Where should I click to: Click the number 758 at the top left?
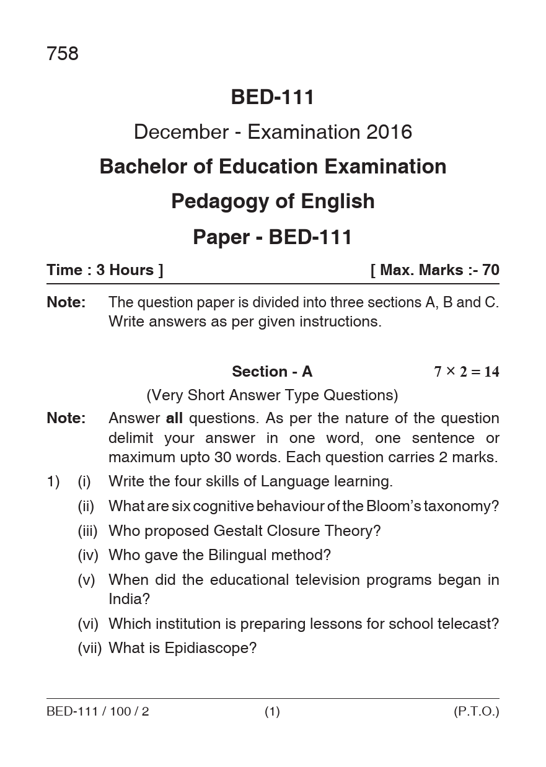click(x=63, y=55)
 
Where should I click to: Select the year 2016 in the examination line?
click(x=389, y=132)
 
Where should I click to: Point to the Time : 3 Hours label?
click(x=105, y=270)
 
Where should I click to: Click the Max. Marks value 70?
click(x=490, y=270)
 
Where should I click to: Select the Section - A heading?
click(x=272, y=372)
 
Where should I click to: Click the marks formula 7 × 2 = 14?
click(x=466, y=372)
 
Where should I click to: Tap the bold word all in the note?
click(x=174, y=418)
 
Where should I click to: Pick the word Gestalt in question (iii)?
click(x=239, y=531)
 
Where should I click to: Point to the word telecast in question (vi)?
click(x=472, y=624)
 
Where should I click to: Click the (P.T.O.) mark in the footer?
click(x=476, y=712)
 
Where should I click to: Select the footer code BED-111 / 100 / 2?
click(x=98, y=712)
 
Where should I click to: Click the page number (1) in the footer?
click(x=272, y=712)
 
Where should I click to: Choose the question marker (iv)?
click(x=88, y=555)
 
